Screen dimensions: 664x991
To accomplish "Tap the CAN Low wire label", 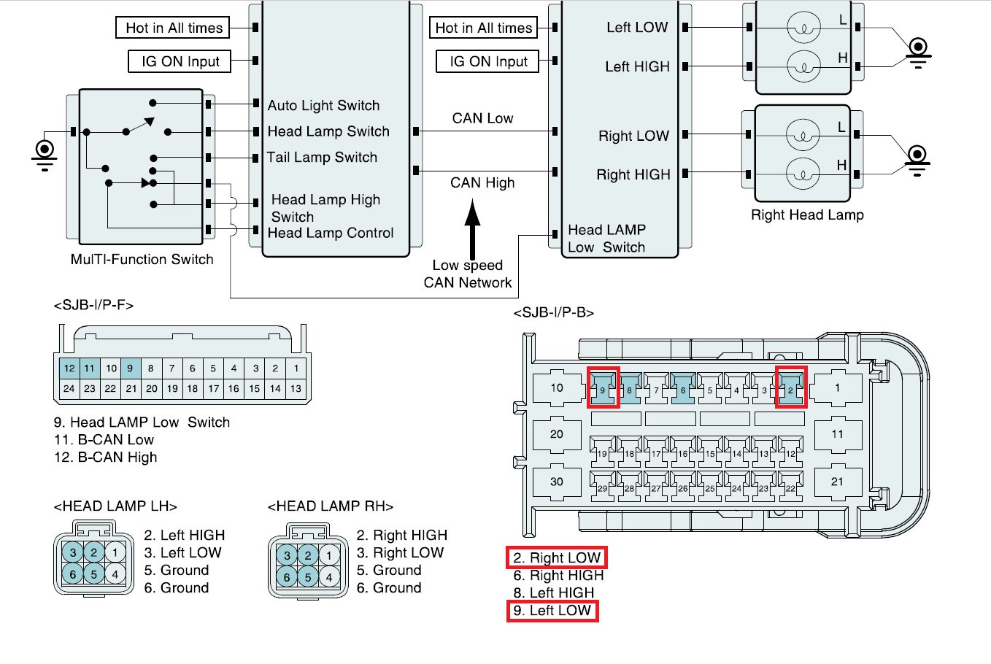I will (x=482, y=118).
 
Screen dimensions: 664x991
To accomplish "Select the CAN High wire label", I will (x=482, y=182).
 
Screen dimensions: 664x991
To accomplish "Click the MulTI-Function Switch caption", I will (x=142, y=260).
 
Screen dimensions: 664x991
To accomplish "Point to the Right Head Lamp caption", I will (x=807, y=215).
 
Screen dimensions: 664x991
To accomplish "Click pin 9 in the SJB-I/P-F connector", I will (x=130, y=368).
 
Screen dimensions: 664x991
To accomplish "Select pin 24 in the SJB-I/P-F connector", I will (x=69, y=389).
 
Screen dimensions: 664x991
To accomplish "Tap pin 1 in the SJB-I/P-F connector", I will (x=296, y=368).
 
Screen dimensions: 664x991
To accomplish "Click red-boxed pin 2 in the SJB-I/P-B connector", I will (x=790, y=389).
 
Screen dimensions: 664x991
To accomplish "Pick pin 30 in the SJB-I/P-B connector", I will (x=557, y=482).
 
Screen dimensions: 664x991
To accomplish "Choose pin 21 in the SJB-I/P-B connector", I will (x=837, y=482).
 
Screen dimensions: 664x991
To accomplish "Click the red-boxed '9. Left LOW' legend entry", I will (x=552, y=611).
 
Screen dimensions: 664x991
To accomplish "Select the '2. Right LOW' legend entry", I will (x=557, y=558).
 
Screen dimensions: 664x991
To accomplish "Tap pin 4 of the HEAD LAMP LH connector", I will (x=115, y=574).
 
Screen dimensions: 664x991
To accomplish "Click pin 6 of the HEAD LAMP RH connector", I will (x=287, y=577).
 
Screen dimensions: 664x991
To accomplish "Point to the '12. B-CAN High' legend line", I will (x=105, y=458).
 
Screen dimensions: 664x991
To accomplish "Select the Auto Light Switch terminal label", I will (x=323, y=106).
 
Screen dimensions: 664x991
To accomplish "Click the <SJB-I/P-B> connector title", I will (x=554, y=313).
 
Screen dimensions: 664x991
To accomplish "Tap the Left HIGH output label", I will (x=637, y=67).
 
